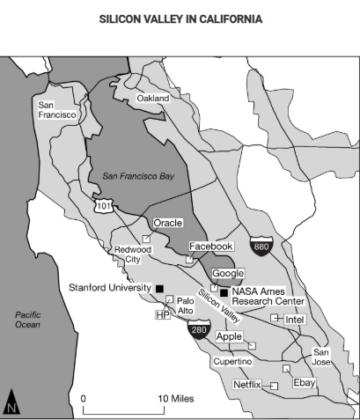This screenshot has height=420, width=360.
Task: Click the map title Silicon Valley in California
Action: click(180, 18)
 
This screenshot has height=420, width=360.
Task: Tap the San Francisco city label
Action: click(55, 109)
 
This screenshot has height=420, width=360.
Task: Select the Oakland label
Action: click(152, 99)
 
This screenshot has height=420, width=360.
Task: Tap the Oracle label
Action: click(167, 224)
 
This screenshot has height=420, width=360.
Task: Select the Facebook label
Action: click(210, 247)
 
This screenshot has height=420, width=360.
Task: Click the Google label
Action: click(227, 274)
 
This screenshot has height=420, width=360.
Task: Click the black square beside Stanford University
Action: click(159, 288)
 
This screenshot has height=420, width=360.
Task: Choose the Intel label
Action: click(294, 319)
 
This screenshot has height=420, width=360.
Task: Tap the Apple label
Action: click(229, 336)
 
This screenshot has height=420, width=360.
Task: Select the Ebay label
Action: click(304, 383)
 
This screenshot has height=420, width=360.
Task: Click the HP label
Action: click(161, 314)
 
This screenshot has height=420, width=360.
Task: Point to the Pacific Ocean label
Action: click(27, 319)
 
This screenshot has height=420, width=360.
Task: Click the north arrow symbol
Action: click(12, 402)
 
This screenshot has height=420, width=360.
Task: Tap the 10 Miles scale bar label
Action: click(176, 399)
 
